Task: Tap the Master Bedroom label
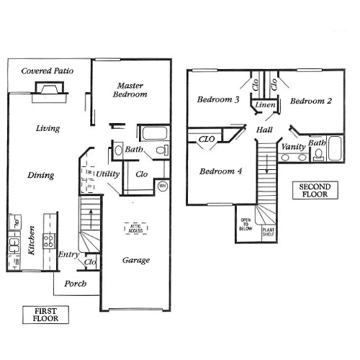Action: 132,89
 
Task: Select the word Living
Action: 48,128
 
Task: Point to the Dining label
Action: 40,175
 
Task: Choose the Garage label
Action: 135,260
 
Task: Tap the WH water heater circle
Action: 163,185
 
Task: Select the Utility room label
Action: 109,174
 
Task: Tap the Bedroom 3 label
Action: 218,100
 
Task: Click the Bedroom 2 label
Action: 310,102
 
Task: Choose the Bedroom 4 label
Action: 221,171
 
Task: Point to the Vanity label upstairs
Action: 293,147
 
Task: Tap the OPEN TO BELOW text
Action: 246,225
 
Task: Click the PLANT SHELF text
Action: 269,230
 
